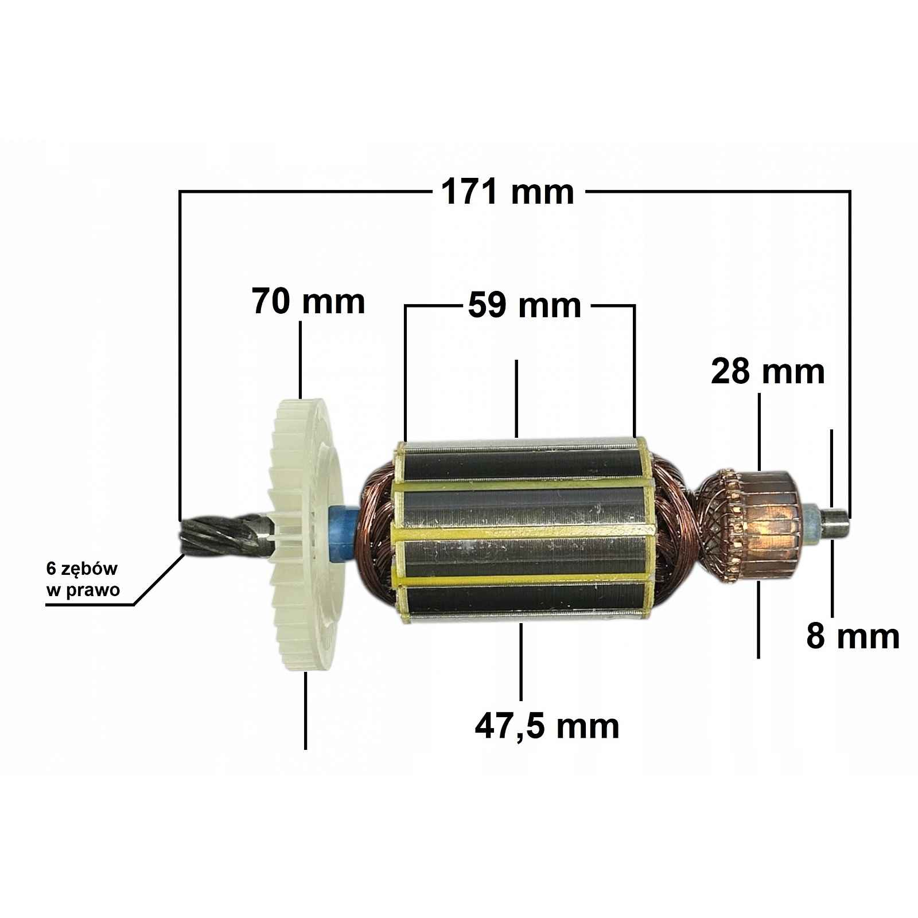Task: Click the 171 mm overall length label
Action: pyautogui.click(x=507, y=192)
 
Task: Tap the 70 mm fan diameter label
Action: pyautogui.click(x=308, y=302)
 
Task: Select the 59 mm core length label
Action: pyautogui.click(x=524, y=306)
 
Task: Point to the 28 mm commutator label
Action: pyautogui.click(x=768, y=372)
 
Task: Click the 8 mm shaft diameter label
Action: pyautogui.click(x=853, y=636)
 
